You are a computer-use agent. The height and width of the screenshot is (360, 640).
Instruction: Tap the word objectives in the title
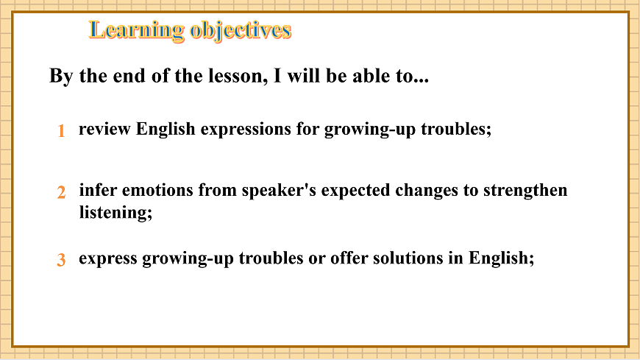240,30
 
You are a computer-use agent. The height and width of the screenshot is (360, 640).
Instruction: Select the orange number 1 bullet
62,131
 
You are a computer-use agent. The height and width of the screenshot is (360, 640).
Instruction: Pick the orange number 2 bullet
62,192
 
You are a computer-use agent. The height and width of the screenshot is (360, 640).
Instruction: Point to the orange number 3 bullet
62,260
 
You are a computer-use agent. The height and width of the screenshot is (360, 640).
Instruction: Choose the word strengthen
525,191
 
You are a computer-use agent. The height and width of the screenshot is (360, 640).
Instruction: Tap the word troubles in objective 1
455,130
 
